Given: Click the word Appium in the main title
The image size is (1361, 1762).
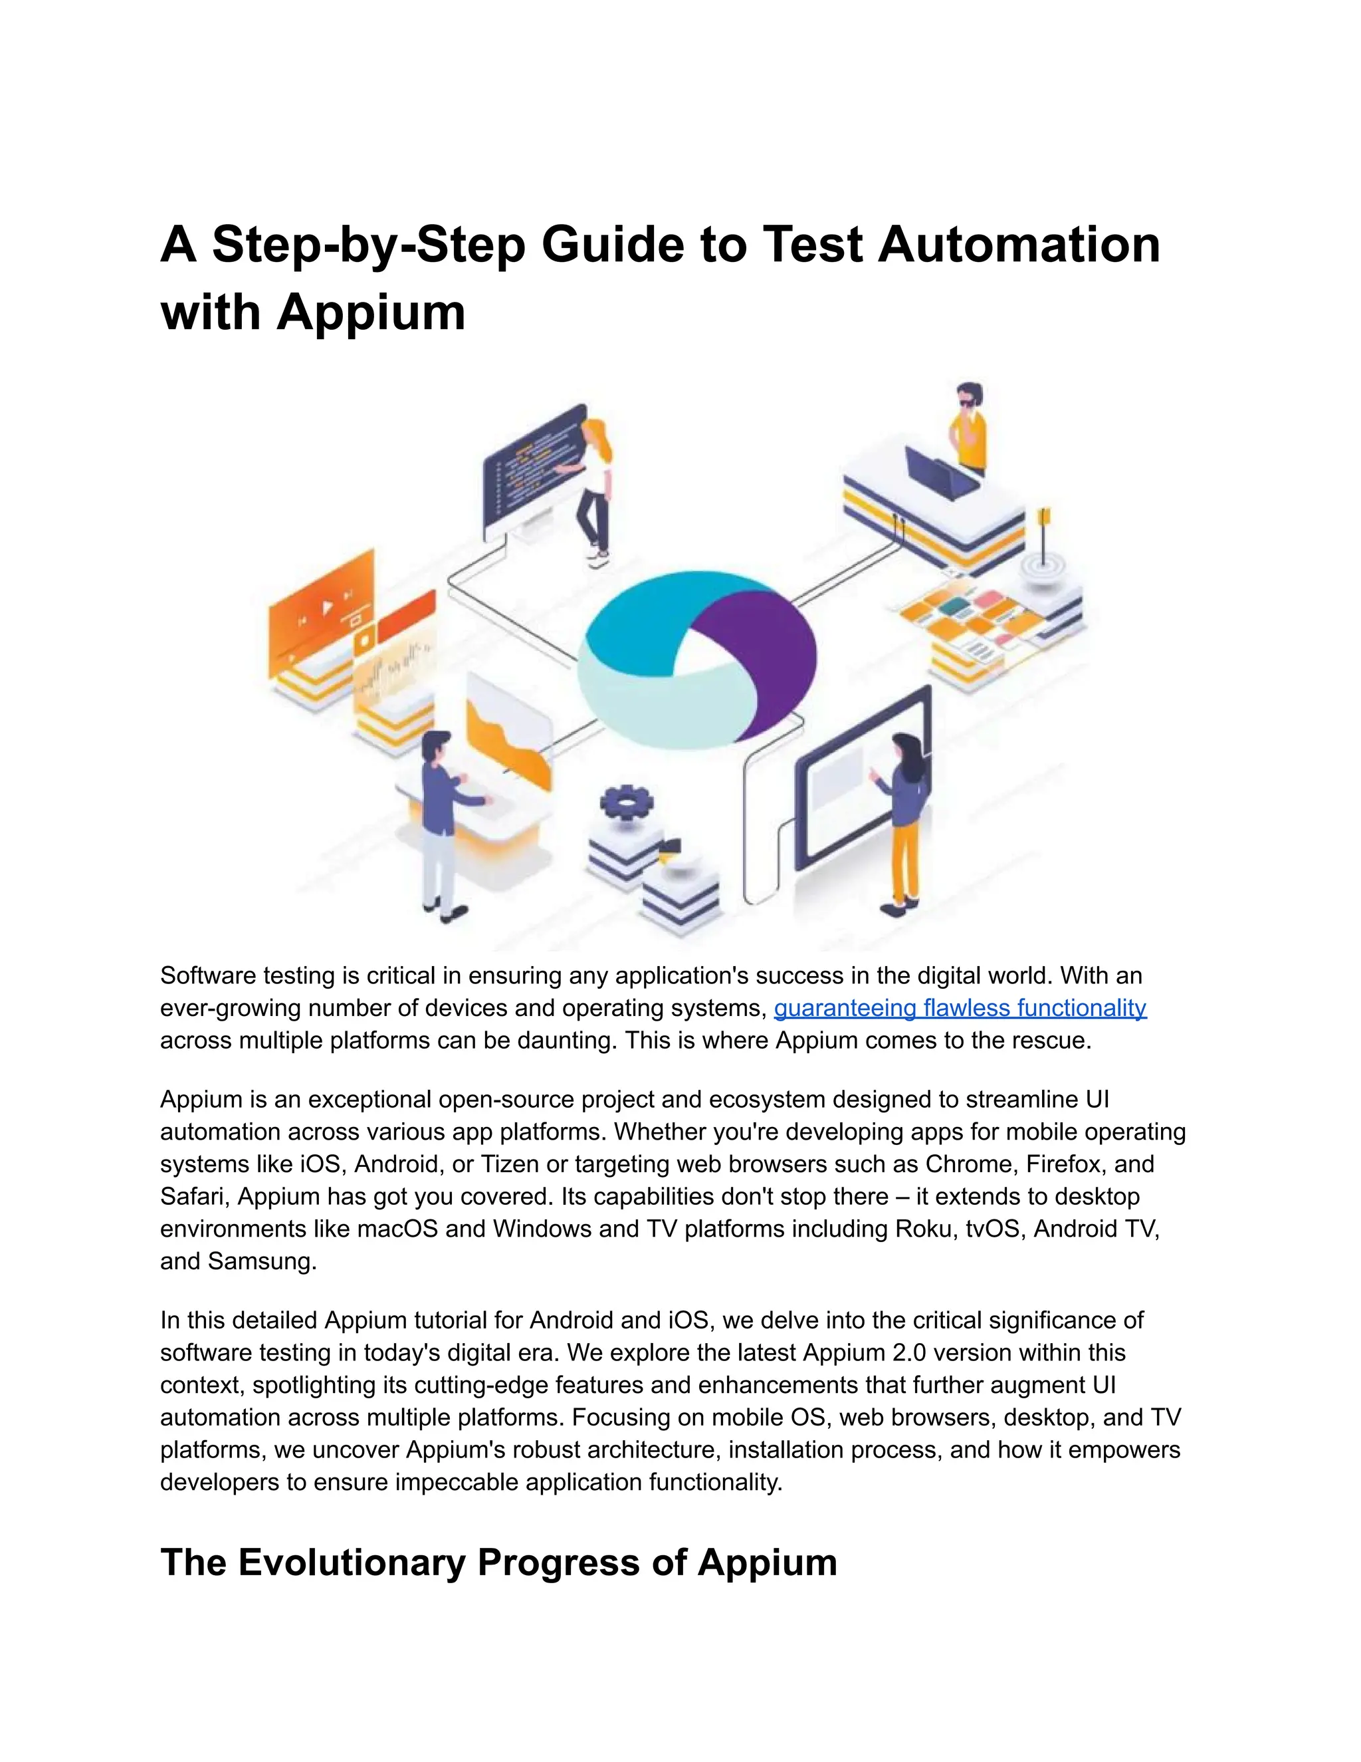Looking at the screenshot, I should (371, 313).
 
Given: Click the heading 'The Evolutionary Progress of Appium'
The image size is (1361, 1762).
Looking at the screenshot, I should (498, 1562).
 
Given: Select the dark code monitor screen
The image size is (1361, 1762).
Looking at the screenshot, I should (532, 468).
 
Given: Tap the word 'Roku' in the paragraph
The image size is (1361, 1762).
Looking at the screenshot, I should (924, 1229).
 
